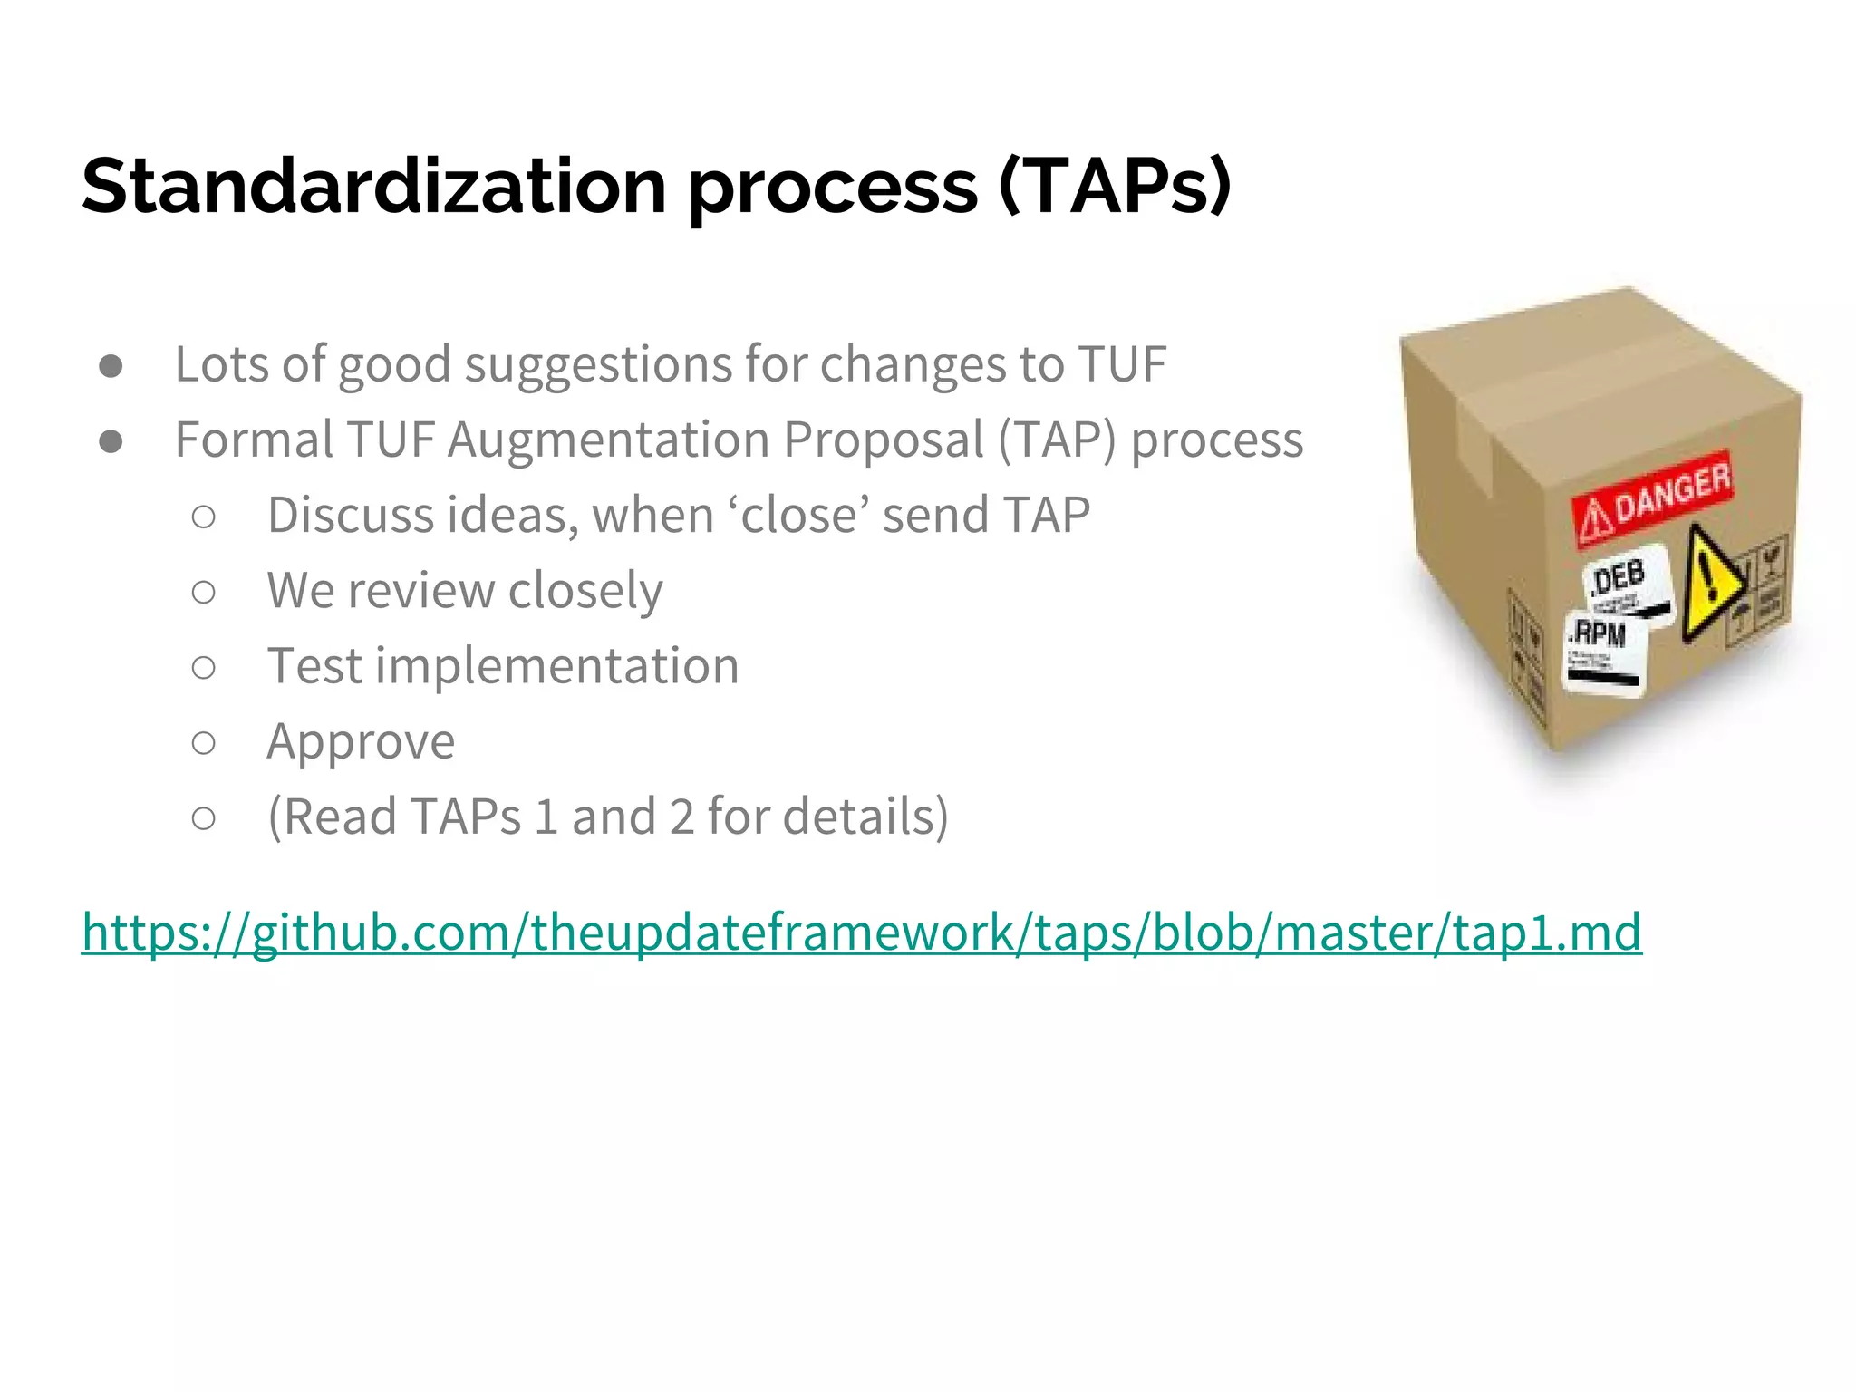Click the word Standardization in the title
374,186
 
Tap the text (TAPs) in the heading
1114,186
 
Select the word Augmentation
609,440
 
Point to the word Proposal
884,440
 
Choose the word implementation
556,666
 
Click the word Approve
361,743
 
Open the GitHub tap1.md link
861,932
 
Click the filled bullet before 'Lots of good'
111,366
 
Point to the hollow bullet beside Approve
204,743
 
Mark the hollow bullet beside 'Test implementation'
204,668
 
